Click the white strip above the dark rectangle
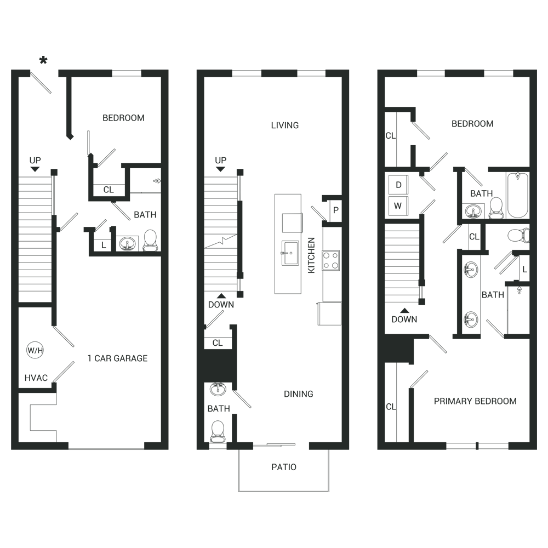[x=274, y=27]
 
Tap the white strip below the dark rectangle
[x=274, y=521]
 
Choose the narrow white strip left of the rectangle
[x=5, y=274]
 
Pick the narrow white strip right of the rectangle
[x=543, y=274]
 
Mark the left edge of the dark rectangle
[x=11, y=274]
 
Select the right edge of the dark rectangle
[x=536, y=274]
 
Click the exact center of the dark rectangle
[x=274, y=274]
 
